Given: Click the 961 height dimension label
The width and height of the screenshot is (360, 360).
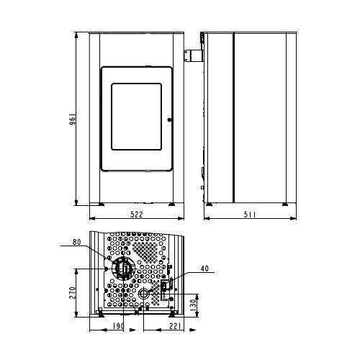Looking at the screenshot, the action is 73,120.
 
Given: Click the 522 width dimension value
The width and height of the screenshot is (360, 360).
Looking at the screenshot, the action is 137,215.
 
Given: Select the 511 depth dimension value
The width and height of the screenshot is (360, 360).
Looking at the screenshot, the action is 250,215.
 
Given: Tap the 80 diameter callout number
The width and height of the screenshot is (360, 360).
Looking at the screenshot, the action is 76,242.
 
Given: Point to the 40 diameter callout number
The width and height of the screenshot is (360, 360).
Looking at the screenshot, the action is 204,269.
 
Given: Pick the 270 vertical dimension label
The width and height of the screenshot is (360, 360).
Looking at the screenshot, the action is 72,293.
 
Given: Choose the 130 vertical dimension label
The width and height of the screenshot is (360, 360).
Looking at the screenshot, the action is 193,305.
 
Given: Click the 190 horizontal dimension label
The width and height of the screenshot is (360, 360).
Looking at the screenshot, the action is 118,326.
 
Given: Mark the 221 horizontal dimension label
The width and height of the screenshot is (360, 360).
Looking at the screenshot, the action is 176,326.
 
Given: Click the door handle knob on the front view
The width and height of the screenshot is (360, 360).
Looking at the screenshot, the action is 169,120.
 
